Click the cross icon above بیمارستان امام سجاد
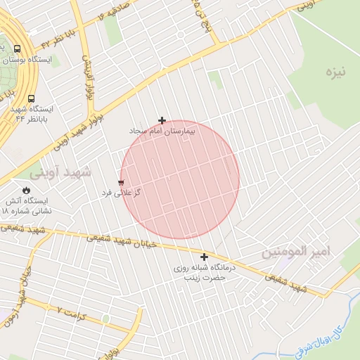162,121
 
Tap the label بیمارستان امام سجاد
162,131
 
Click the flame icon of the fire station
27,190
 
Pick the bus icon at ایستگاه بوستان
18,49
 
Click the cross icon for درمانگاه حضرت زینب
205,257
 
